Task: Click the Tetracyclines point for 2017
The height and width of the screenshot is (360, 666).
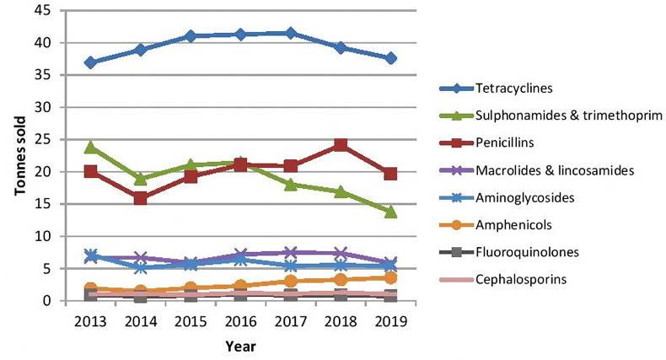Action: [x=291, y=33]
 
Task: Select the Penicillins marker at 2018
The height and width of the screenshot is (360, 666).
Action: [x=341, y=145]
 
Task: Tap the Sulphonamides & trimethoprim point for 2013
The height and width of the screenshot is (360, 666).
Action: [x=90, y=147]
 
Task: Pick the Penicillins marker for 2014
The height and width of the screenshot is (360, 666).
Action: [x=140, y=199]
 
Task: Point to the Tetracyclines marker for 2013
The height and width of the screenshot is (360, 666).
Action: [x=90, y=62]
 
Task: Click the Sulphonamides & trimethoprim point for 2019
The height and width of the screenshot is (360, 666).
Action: [x=390, y=212]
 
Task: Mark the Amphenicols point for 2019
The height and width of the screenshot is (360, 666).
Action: [x=390, y=277]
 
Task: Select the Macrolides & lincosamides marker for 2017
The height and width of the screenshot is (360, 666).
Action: [x=291, y=253]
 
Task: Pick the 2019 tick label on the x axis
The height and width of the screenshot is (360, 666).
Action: [x=390, y=320]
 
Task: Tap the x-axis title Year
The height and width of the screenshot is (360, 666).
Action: [x=240, y=345]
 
